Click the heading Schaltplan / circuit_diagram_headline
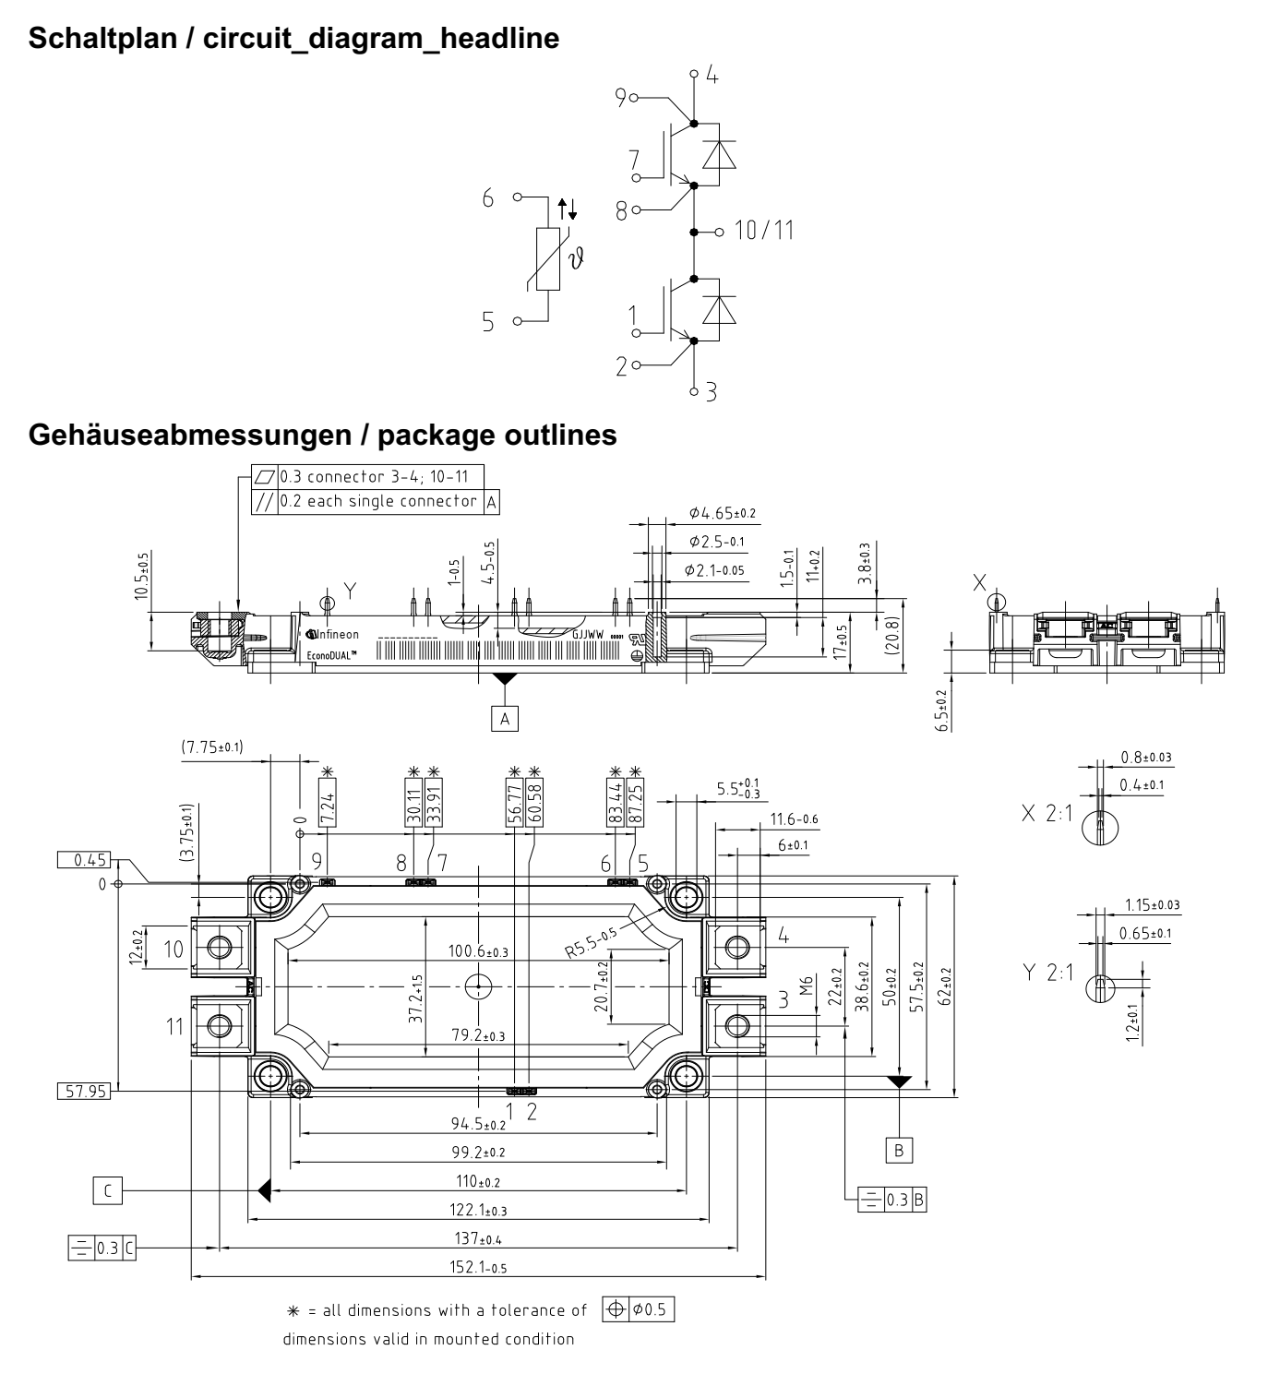tap(293, 40)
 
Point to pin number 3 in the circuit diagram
tap(711, 392)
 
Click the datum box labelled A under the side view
tap(504, 717)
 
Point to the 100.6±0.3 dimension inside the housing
tap(478, 950)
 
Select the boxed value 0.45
tap(85, 860)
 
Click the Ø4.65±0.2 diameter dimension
tap(723, 513)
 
